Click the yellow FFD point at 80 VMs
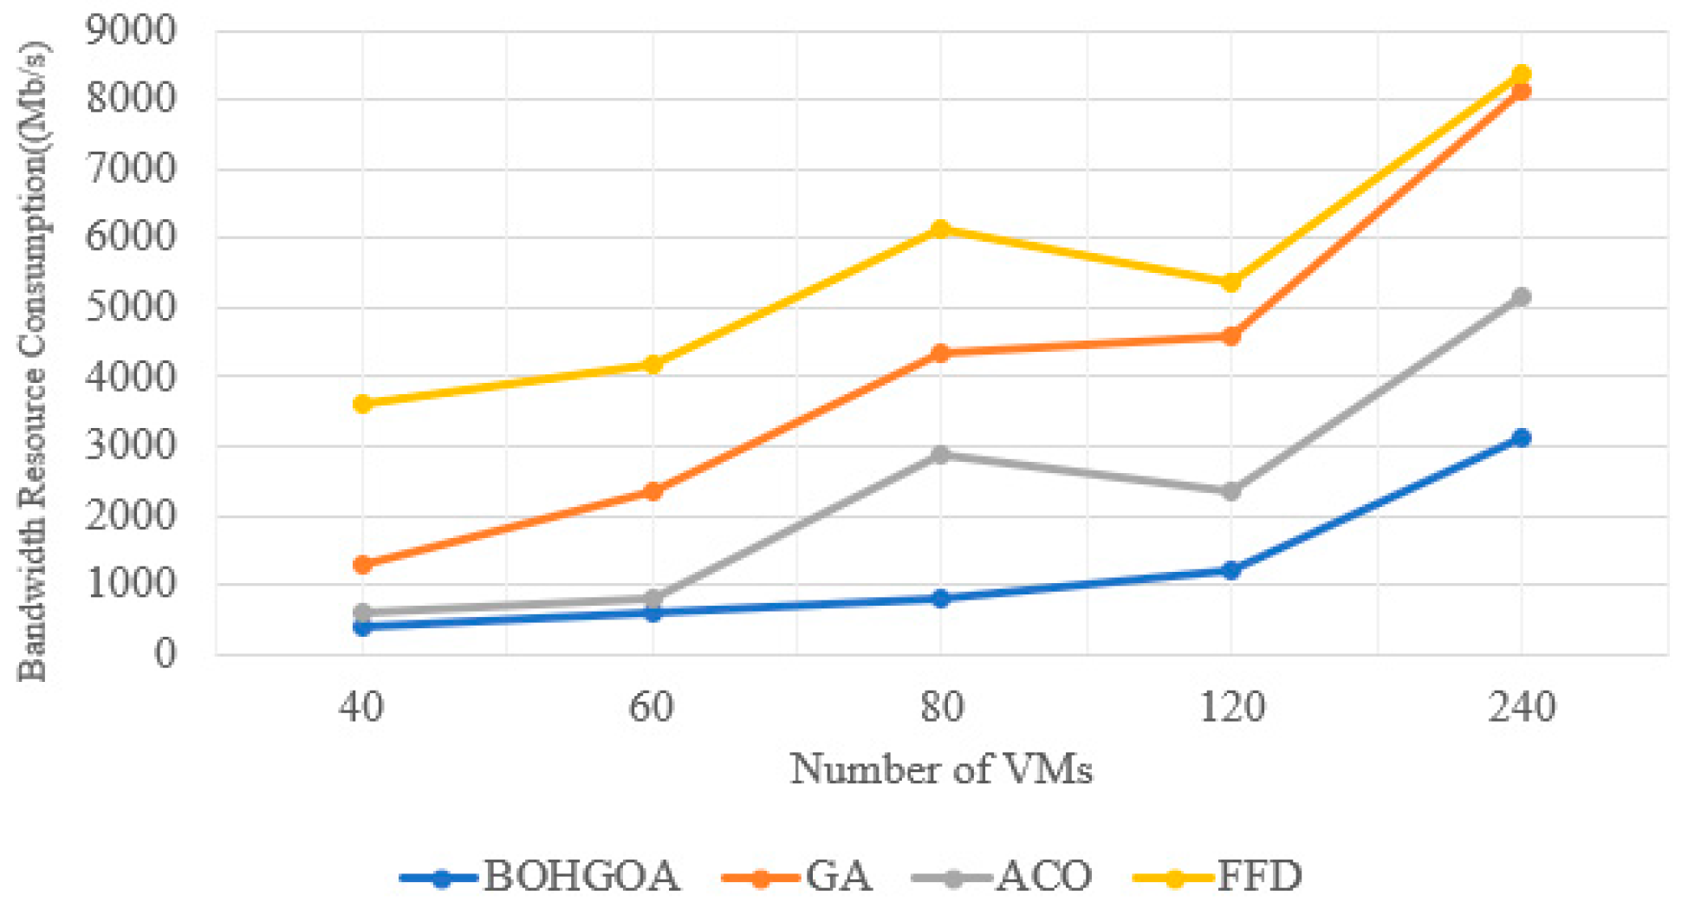pyautogui.click(x=941, y=230)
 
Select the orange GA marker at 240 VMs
pyautogui.click(x=1521, y=91)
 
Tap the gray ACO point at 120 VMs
pyautogui.click(x=1230, y=491)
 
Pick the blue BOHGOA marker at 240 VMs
pyautogui.click(x=1521, y=438)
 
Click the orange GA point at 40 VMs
pyautogui.click(x=362, y=565)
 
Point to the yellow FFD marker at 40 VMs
pyautogui.click(x=362, y=404)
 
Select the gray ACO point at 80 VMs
pyautogui.click(x=941, y=454)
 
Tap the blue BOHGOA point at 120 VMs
pyautogui.click(x=1230, y=570)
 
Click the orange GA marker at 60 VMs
pyautogui.click(x=652, y=491)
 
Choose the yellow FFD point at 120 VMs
pyautogui.click(x=1230, y=283)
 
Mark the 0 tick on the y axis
pyautogui.click(x=165, y=653)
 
